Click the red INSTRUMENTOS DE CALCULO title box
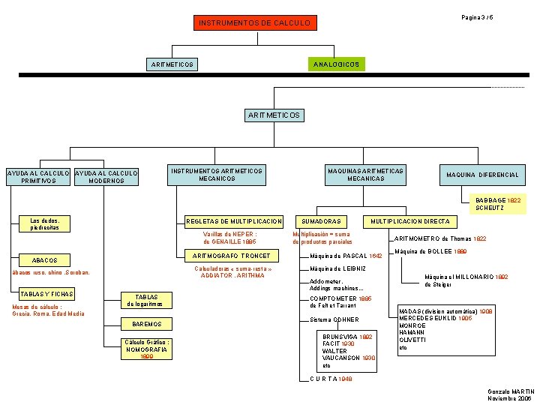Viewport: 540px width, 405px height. (254, 23)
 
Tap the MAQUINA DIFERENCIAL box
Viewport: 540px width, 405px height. (482, 175)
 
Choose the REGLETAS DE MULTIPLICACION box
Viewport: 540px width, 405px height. (234, 221)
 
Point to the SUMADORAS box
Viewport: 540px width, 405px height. (322, 221)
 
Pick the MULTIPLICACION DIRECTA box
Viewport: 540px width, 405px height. (411, 221)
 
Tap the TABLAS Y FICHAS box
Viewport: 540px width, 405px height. (46, 294)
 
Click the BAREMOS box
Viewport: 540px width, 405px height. (146, 324)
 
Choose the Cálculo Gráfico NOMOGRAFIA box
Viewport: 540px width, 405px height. (147, 348)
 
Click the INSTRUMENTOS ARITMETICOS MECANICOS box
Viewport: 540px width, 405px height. (217, 175)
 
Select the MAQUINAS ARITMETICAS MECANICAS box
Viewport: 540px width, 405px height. (366, 175)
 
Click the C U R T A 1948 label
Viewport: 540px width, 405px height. (331, 379)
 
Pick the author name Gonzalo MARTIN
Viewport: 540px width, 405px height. (511, 391)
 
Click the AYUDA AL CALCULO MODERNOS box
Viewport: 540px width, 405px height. (106, 177)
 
